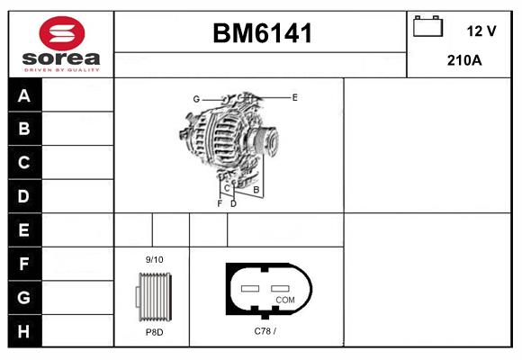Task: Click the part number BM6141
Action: (x=262, y=33)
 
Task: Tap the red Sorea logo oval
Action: (x=62, y=33)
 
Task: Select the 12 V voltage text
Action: (x=481, y=31)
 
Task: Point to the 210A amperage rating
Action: (x=464, y=60)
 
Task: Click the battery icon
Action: (x=427, y=26)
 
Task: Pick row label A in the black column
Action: (x=24, y=95)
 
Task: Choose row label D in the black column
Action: (x=23, y=196)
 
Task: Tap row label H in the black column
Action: (x=23, y=331)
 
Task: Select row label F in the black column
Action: (x=23, y=264)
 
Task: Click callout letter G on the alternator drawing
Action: (x=196, y=99)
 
